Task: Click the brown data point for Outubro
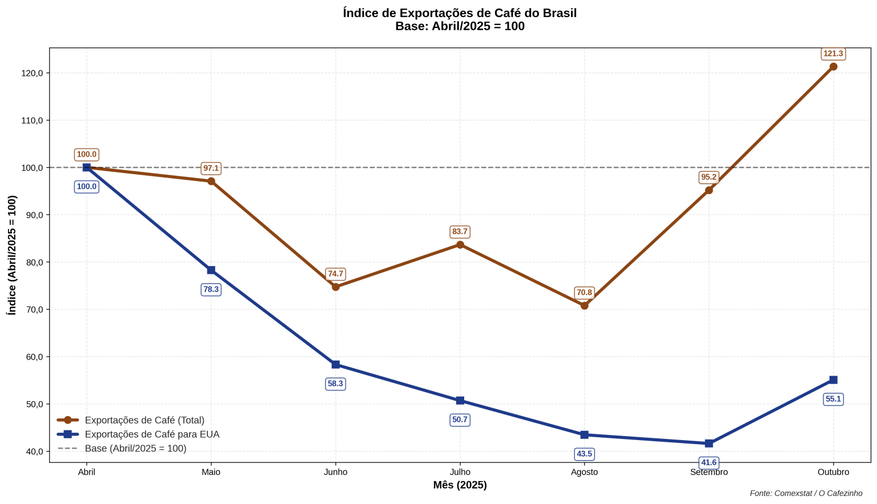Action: (x=833, y=67)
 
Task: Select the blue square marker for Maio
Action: (x=211, y=270)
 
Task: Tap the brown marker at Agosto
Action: (x=585, y=305)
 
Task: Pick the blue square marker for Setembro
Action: (x=709, y=443)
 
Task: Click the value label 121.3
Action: (x=833, y=54)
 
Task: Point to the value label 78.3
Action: (x=211, y=289)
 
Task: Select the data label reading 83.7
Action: (x=460, y=232)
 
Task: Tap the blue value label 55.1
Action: (x=833, y=399)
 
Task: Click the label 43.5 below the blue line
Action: (x=585, y=454)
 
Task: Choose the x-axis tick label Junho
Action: (x=336, y=472)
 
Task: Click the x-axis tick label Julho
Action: (x=460, y=472)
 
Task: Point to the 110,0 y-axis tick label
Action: (x=33, y=120)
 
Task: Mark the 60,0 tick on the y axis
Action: (x=33, y=357)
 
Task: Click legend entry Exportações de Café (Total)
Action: (x=144, y=420)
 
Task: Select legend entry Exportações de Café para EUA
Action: (x=152, y=434)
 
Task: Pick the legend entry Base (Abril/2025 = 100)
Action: (x=135, y=449)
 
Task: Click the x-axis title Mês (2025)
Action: (x=460, y=485)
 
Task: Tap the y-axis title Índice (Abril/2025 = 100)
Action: (x=12, y=255)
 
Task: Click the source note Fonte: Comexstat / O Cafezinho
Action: (x=806, y=493)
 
